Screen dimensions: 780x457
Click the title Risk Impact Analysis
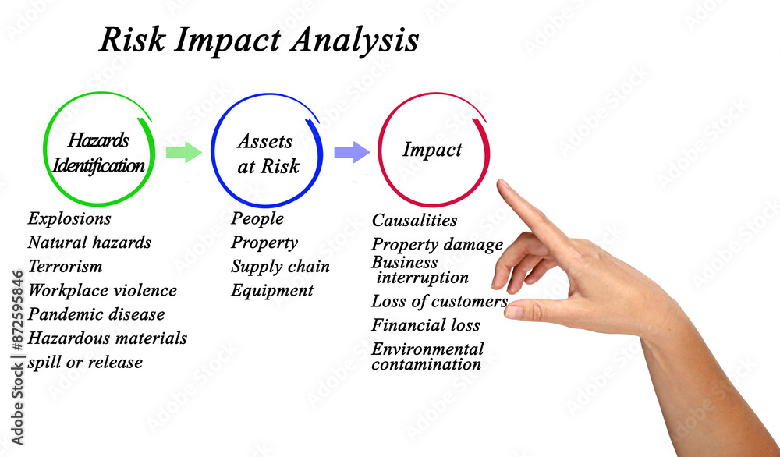click(x=259, y=40)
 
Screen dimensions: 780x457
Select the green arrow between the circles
click(x=183, y=151)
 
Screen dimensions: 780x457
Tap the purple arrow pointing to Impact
click(x=352, y=151)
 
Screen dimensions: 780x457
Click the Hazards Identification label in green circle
click(x=98, y=153)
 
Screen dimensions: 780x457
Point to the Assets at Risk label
click(x=268, y=154)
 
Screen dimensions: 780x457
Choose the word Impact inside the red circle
click(x=432, y=149)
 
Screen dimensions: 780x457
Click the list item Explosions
click(x=69, y=218)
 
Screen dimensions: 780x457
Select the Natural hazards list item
click(x=90, y=243)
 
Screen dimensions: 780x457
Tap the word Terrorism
click(x=66, y=266)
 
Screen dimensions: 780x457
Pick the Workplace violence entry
click(x=102, y=290)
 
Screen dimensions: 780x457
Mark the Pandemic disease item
click(x=97, y=314)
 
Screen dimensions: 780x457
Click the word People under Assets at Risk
click(x=257, y=218)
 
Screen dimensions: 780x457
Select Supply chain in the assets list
click(x=280, y=267)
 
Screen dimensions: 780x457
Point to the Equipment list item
click(x=272, y=290)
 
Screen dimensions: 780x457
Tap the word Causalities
click(x=414, y=220)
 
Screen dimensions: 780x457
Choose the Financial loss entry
click(x=426, y=324)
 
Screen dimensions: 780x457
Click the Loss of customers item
click(x=440, y=301)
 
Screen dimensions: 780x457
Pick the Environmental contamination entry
click(x=427, y=356)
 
